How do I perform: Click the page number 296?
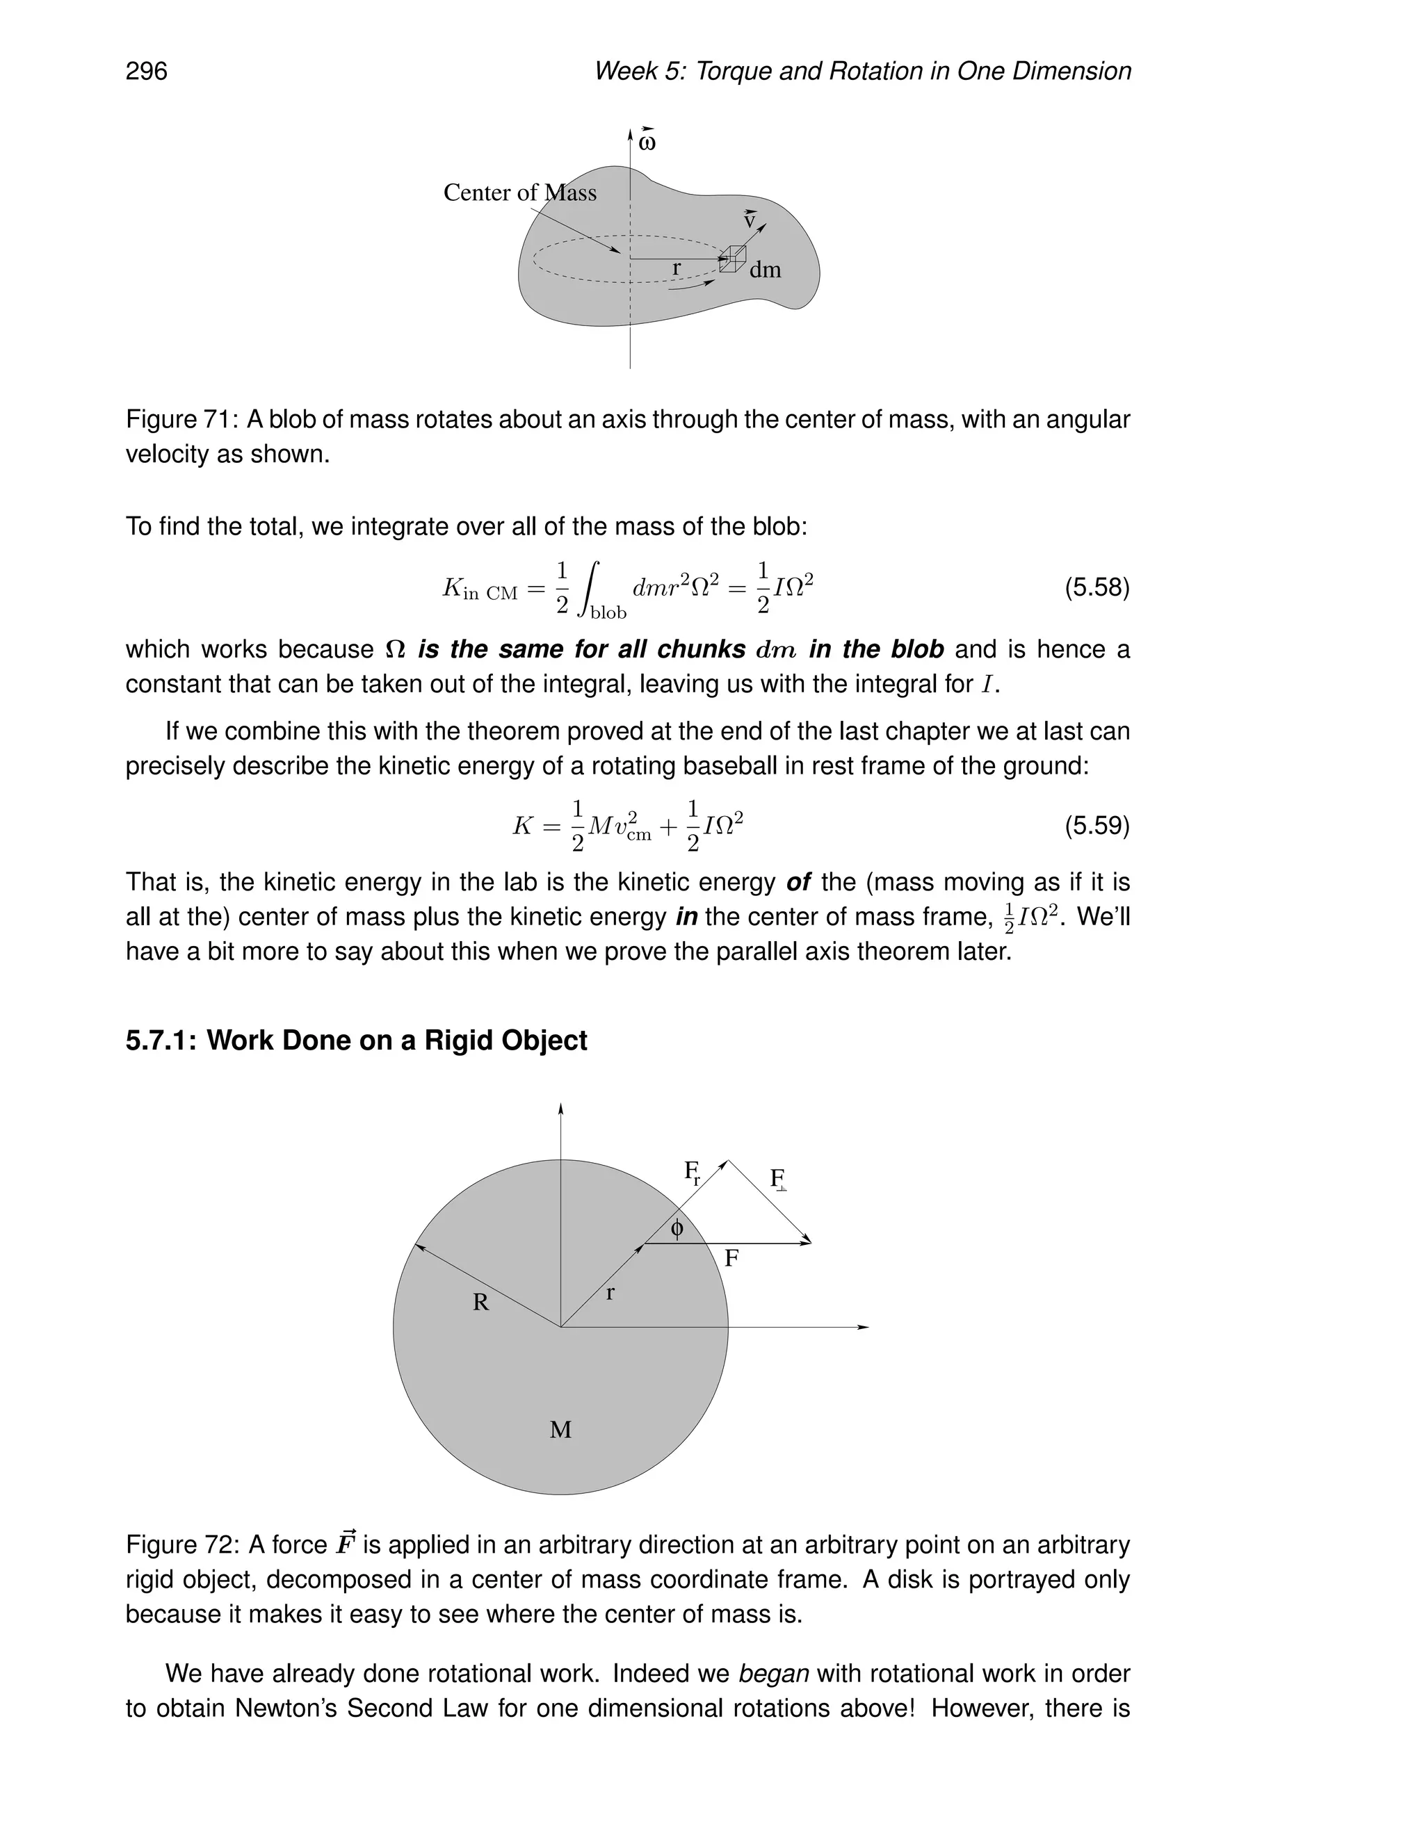(x=146, y=71)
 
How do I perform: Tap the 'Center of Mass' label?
(x=519, y=193)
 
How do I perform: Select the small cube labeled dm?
(x=732, y=259)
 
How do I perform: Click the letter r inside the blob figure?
(x=676, y=268)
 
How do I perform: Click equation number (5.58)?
(x=1097, y=587)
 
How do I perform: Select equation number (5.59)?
(x=1097, y=825)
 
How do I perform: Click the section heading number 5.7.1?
(x=162, y=1041)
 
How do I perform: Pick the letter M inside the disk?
(x=560, y=1430)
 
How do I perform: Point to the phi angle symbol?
(x=677, y=1229)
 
